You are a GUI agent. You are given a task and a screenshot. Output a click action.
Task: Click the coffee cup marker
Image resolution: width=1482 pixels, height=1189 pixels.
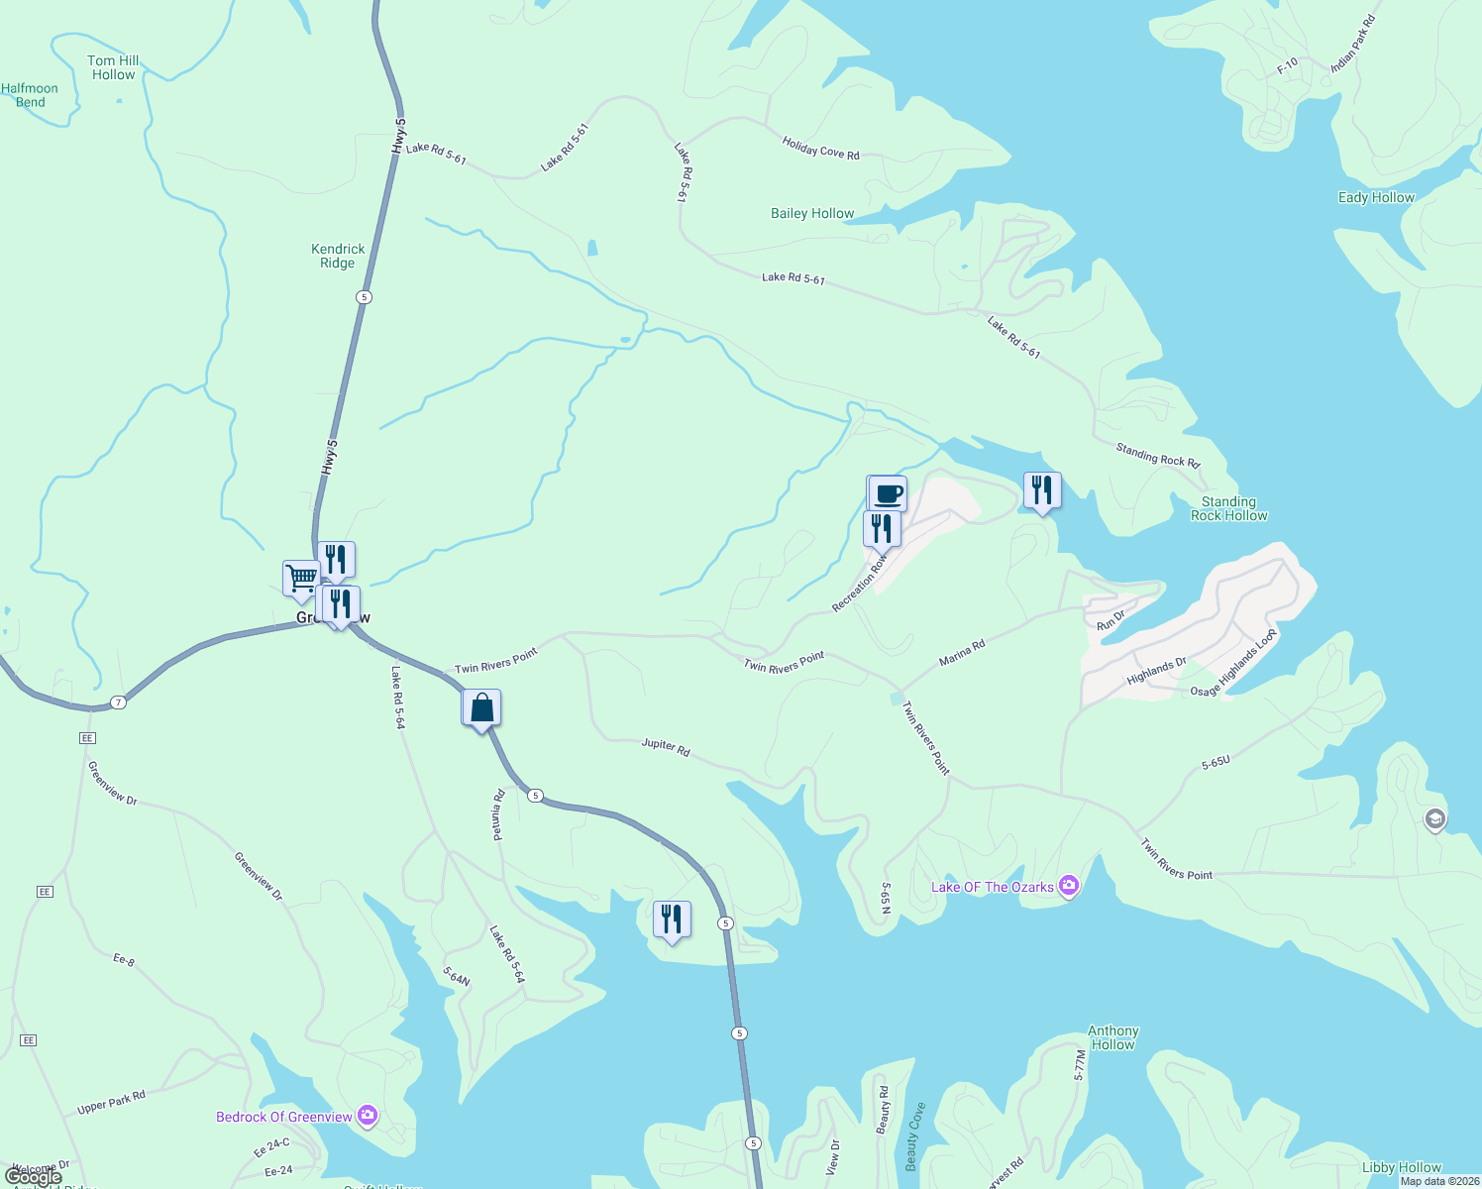tap(888, 493)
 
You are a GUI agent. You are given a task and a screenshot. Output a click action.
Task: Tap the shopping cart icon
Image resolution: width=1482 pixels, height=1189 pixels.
tap(301, 577)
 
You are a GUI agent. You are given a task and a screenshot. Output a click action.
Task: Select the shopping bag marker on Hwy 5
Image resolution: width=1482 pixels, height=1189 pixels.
tap(481, 707)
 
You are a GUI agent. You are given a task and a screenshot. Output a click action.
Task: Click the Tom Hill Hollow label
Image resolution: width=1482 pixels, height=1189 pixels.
tap(113, 67)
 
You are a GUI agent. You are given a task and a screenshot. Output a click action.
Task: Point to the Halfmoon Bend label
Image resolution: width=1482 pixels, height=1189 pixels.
tap(30, 95)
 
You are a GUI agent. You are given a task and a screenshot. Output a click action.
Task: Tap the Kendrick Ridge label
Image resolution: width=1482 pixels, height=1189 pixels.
tap(338, 256)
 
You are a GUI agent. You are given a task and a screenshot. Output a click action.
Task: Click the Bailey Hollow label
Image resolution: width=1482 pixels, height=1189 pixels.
tap(812, 213)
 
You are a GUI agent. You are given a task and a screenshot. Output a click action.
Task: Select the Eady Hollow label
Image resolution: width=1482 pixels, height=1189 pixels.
tap(1376, 197)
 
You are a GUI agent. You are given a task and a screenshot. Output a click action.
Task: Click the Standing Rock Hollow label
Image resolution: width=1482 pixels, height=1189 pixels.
tap(1228, 508)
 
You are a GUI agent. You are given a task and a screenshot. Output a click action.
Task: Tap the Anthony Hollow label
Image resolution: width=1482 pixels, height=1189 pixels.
tap(1113, 1037)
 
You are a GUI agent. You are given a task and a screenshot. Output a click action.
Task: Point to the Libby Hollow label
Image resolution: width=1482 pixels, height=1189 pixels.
tap(1401, 1167)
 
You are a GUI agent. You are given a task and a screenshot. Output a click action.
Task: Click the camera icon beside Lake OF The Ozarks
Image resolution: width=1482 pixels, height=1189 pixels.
tap(1068, 886)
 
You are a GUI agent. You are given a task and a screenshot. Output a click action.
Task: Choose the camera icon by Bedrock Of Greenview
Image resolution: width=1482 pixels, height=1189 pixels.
tap(368, 1117)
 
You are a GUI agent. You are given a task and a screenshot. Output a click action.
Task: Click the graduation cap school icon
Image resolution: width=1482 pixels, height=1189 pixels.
tap(1434, 819)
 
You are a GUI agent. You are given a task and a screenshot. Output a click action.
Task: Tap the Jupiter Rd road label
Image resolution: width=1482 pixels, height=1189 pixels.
tap(666, 747)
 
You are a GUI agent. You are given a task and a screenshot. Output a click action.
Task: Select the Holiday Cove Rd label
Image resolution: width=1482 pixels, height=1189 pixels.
tap(820, 149)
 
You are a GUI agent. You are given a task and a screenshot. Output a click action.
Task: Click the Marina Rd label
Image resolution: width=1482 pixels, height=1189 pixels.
tap(962, 653)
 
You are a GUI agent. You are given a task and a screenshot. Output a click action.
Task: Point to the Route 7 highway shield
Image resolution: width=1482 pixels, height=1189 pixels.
tap(119, 703)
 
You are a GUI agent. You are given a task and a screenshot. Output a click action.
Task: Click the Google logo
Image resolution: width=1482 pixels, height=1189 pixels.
tap(34, 1177)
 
